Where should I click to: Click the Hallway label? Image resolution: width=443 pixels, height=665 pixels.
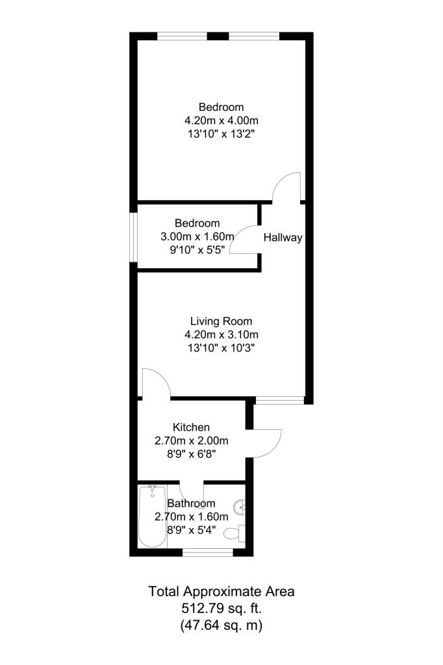point(283,238)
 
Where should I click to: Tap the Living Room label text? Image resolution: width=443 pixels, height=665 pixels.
point(221,321)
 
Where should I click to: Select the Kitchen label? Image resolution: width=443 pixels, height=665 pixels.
point(191,427)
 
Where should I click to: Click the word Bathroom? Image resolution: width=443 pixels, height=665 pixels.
point(191,503)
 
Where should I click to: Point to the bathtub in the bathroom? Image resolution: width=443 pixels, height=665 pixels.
point(153,517)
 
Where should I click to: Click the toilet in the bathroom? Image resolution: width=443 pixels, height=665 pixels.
point(233,534)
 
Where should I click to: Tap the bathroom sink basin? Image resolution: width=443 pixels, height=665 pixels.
point(240,506)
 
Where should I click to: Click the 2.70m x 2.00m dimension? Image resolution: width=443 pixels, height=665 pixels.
point(191,440)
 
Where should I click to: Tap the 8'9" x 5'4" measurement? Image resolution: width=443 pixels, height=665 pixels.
point(191,531)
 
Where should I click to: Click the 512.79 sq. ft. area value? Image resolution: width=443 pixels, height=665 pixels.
point(221,609)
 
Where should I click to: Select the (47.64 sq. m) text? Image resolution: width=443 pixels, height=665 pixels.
point(221,625)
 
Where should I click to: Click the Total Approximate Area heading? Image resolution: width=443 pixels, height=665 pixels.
point(221,592)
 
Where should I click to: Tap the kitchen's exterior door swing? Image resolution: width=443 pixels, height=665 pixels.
point(266,443)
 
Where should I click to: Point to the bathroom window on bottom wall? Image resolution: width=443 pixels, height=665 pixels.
point(207,552)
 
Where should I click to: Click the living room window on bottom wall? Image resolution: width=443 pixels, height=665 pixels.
point(279,400)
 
